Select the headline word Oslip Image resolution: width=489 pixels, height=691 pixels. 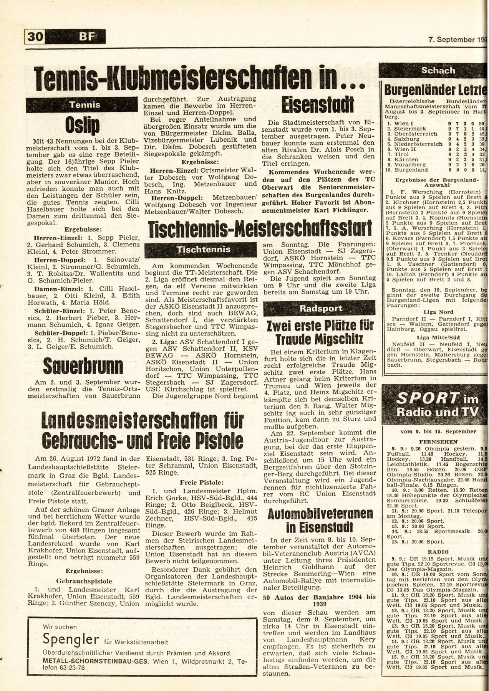(x=83, y=124)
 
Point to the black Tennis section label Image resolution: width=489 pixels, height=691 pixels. (x=84, y=104)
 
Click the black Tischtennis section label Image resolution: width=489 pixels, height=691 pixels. (x=203, y=250)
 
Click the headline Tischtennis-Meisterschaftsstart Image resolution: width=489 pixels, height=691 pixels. (x=260, y=230)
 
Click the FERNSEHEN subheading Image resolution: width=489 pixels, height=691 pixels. (x=434, y=441)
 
